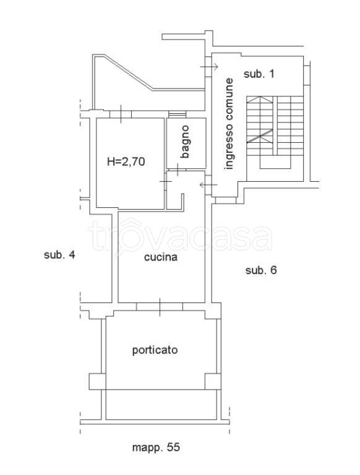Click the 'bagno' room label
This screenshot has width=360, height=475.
185,142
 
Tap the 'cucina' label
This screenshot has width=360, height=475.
161,257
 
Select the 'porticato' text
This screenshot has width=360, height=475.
155,350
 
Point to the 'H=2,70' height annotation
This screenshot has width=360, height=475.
126,161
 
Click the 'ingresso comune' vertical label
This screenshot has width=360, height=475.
229,124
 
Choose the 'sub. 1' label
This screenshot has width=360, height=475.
259,74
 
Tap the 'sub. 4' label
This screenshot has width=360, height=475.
59,255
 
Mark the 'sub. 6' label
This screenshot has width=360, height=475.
261,270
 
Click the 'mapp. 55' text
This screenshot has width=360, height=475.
156,447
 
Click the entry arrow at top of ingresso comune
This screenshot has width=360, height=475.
209,67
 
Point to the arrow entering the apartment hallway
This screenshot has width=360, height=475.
208,184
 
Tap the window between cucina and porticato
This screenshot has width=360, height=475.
160,307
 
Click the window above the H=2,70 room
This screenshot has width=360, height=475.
121,114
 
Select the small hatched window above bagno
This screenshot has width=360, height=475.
178,114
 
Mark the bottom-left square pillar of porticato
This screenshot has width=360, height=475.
97,382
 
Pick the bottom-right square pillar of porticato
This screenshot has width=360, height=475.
213,382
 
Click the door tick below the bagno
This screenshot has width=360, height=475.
177,170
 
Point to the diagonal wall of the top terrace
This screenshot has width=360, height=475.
129,72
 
